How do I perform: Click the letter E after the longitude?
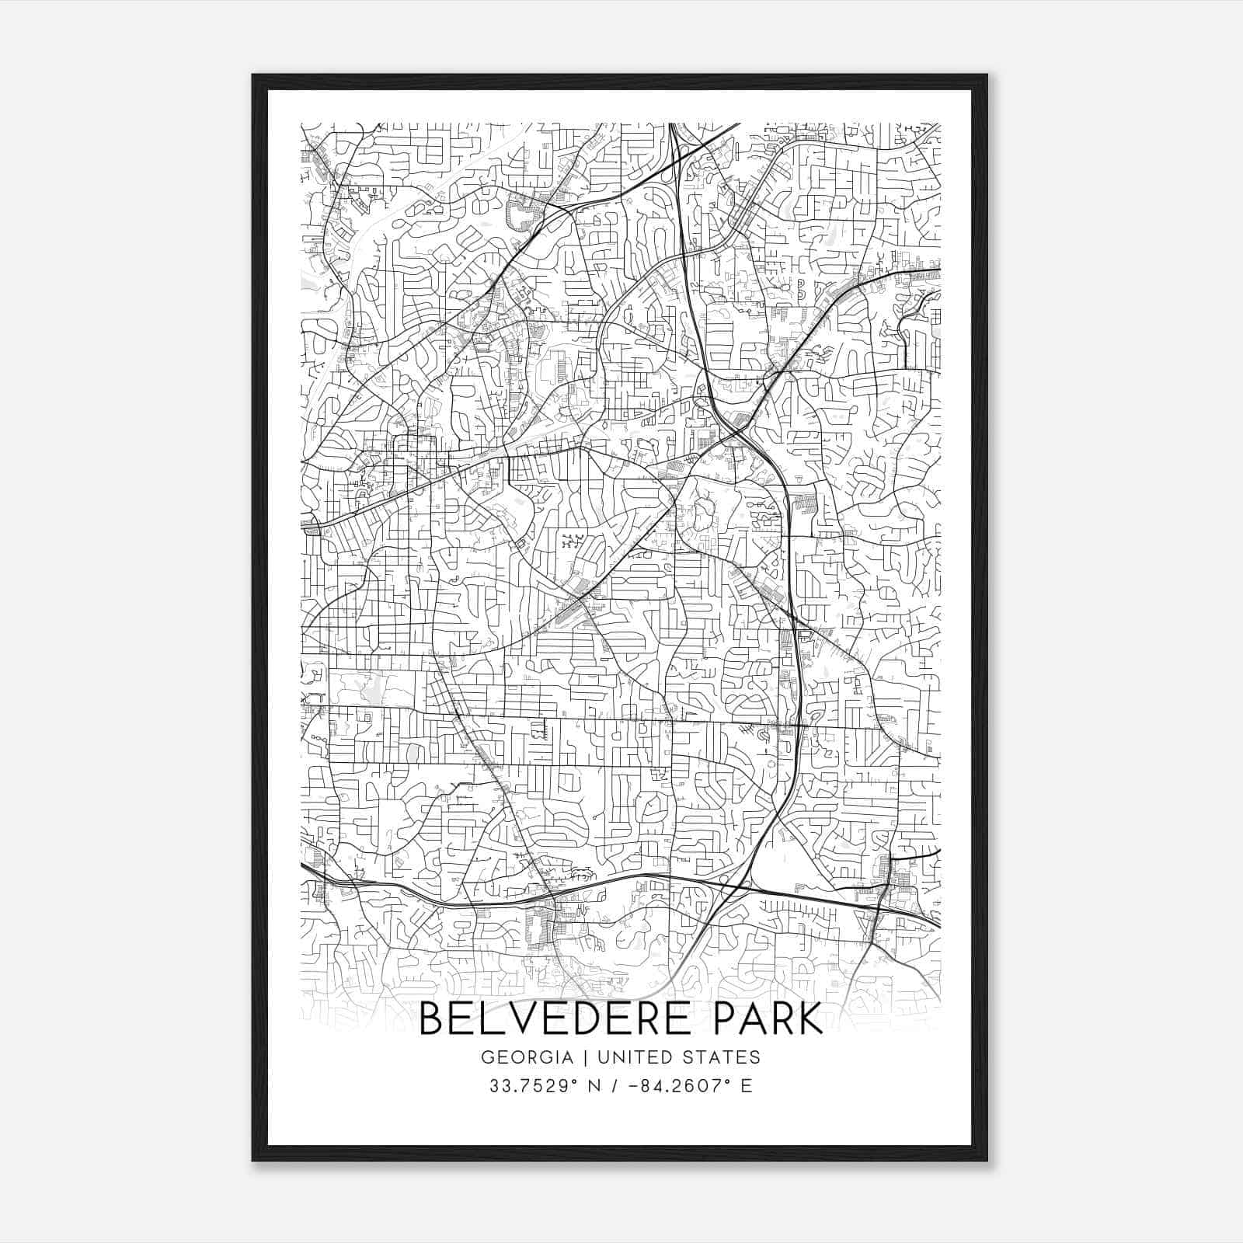tap(747, 1086)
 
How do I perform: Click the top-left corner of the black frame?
tap(253, 75)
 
